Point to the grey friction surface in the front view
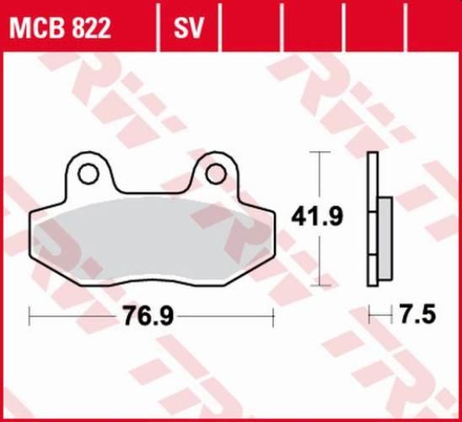point(152,241)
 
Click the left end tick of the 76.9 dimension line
point(30,316)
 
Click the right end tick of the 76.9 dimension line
point(274,316)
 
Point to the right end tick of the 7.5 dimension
point(392,316)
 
